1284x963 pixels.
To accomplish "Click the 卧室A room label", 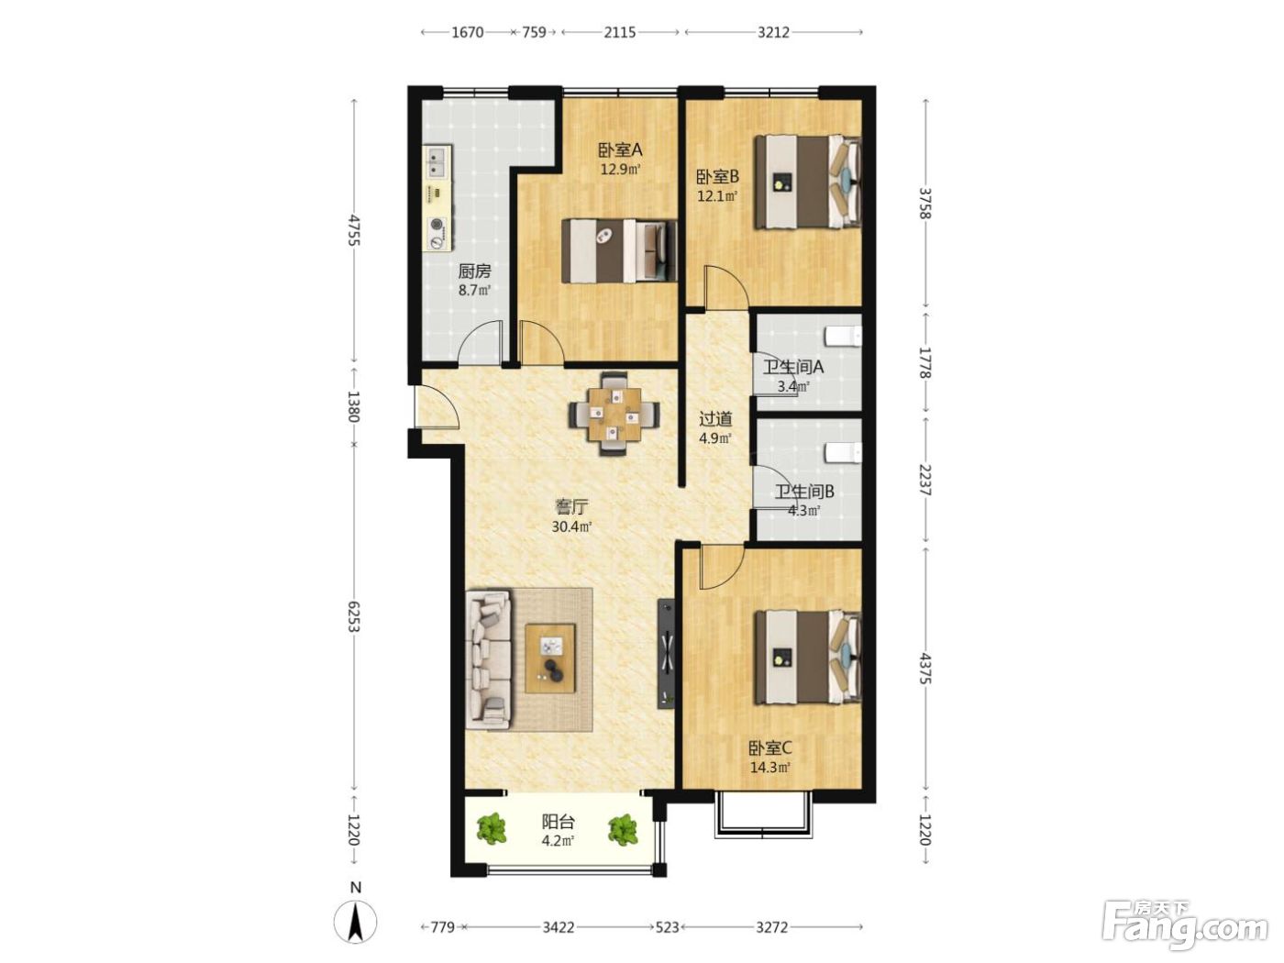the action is tap(619, 150).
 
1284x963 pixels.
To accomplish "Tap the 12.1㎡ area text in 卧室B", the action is tap(716, 196).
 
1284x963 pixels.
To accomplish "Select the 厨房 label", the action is tap(474, 271).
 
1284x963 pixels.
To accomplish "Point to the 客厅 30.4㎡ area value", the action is tap(571, 526).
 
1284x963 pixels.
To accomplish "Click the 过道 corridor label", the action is tap(715, 418).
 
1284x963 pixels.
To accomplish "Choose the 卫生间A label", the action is tap(793, 367).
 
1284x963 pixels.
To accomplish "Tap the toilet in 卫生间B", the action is tap(843, 452).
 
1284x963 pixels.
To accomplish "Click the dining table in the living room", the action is tap(614, 414).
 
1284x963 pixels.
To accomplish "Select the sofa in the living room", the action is tap(489, 659).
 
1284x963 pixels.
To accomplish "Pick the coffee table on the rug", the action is tap(550, 659).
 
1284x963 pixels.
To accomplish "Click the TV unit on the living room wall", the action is tap(666, 652).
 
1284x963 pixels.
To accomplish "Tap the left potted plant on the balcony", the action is tap(492, 828).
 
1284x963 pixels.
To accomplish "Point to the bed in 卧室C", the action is tap(807, 658).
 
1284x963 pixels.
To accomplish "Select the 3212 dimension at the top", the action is tap(773, 32).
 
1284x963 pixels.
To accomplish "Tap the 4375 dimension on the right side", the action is tap(924, 668).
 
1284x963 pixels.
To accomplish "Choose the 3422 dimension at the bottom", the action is tap(558, 926).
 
